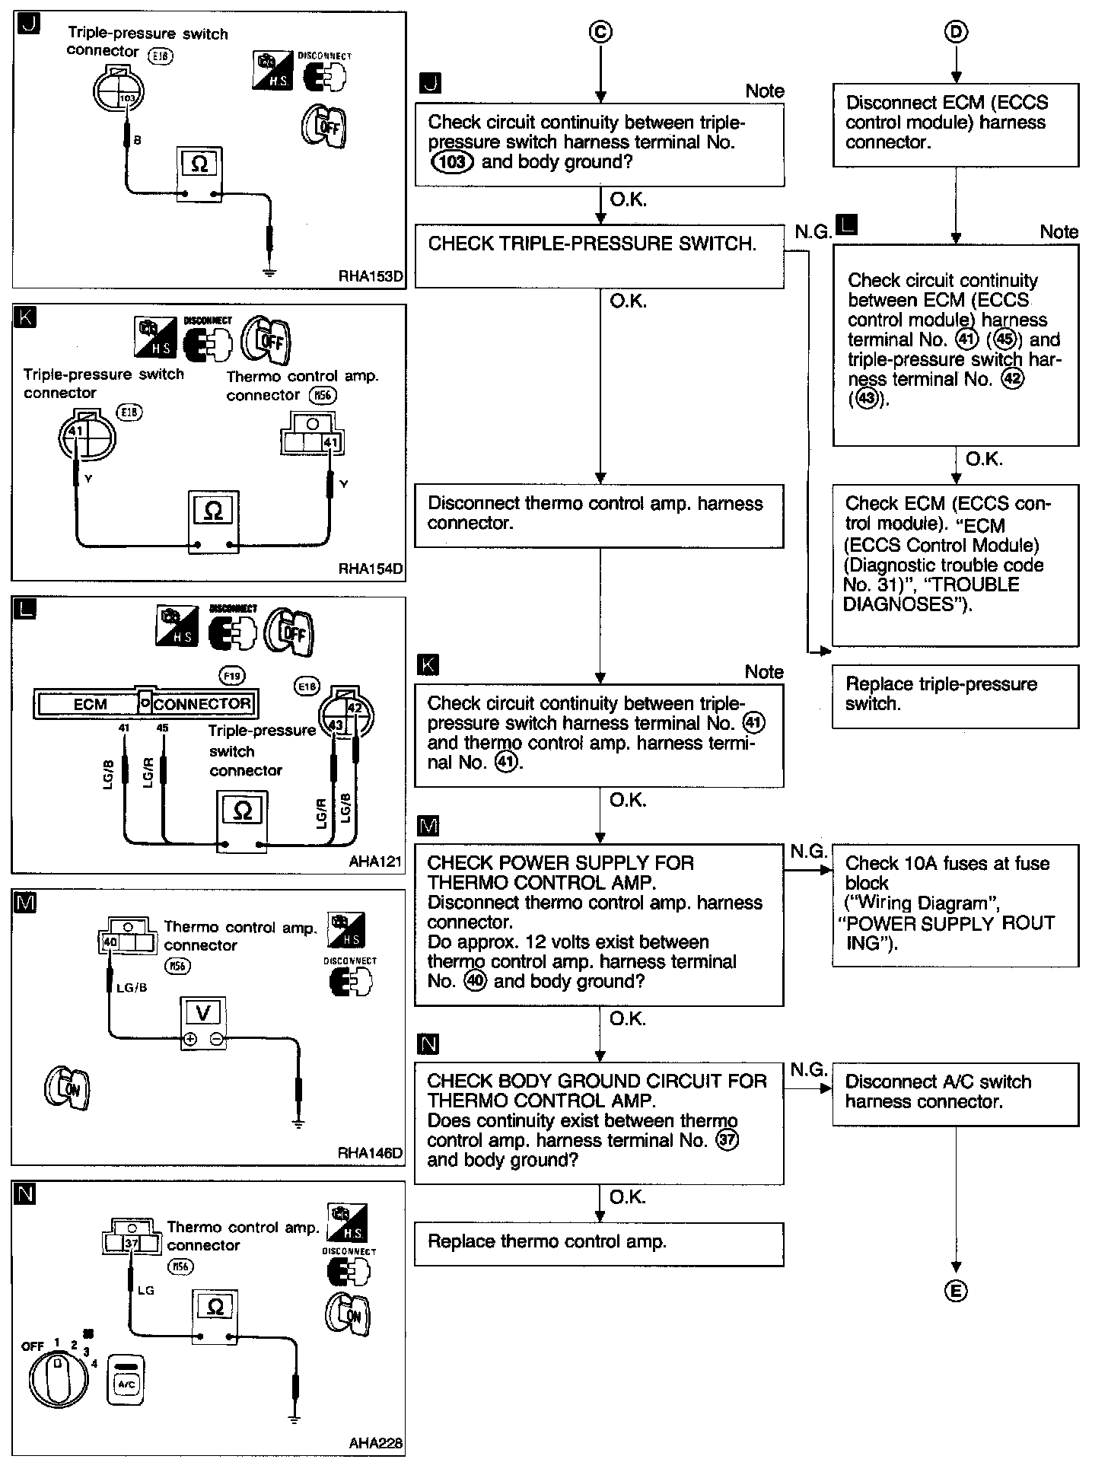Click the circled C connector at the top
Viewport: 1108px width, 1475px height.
(x=600, y=31)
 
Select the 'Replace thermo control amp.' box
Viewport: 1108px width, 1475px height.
(x=599, y=1244)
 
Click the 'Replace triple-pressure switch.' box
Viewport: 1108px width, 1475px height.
(x=955, y=696)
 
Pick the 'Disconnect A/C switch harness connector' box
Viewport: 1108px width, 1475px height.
(x=955, y=1093)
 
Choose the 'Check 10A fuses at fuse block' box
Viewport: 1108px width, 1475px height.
(x=955, y=904)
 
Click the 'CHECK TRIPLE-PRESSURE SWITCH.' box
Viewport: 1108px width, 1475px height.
(x=599, y=255)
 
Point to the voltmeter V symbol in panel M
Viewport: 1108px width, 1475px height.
(x=203, y=1012)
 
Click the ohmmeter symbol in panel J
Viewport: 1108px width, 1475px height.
(x=199, y=164)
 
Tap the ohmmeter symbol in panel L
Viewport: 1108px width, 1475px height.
(x=242, y=811)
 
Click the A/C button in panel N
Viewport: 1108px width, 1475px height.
(x=127, y=1380)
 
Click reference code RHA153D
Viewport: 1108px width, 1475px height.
(x=370, y=277)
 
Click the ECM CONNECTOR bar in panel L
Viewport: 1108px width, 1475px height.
(x=146, y=703)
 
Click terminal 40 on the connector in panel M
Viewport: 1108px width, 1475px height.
(x=110, y=942)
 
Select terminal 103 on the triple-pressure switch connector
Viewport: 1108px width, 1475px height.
(x=127, y=98)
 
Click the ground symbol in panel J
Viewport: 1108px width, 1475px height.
(x=269, y=272)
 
